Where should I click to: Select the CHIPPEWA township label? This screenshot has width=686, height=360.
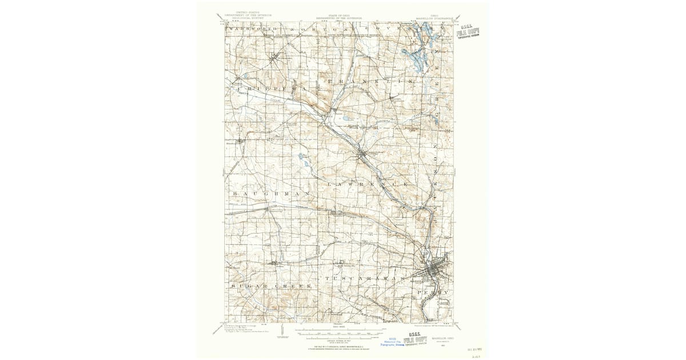pyautogui.click(x=268, y=90)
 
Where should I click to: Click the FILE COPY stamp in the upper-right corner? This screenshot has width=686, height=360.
pyautogui.click(x=468, y=33)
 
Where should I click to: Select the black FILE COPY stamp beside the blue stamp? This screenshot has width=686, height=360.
pyautogui.click(x=416, y=341)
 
